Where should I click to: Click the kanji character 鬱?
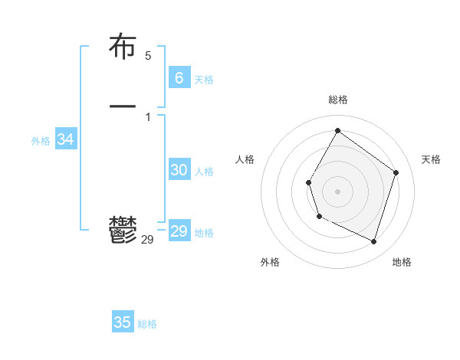click(123, 230)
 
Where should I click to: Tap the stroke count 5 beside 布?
click(148, 56)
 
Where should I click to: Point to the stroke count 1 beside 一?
click(148, 116)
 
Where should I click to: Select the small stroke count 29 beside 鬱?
click(148, 240)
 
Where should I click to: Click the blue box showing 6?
click(179, 77)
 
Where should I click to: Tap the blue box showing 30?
click(179, 170)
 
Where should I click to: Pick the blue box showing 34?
click(65, 139)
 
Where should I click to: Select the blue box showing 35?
click(123, 322)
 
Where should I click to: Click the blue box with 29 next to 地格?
click(179, 231)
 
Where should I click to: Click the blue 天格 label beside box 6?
click(204, 80)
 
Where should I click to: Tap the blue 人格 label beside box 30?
click(204, 172)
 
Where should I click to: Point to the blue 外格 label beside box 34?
click(41, 141)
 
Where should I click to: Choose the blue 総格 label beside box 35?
click(147, 324)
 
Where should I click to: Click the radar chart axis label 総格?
click(337, 100)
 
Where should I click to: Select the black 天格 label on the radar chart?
click(431, 159)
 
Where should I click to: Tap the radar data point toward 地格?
click(373, 241)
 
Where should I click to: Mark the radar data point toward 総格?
click(337, 130)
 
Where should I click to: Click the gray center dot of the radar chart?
click(337, 191)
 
